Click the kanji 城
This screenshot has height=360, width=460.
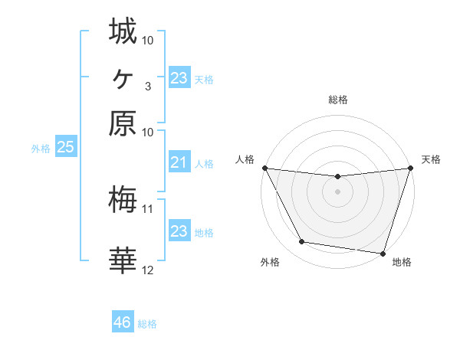(123, 31)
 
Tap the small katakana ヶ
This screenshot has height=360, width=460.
(123, 77)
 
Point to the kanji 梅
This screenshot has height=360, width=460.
(123, 200)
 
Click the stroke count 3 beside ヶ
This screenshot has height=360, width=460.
(148, 86)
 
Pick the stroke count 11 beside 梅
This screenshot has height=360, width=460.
(148, 208)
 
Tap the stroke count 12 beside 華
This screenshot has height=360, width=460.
(148, 270)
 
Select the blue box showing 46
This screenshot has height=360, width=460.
(123, 322)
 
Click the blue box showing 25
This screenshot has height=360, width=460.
(65, 148)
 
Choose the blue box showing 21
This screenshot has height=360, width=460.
(179, 162)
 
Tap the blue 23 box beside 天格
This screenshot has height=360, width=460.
(179, 78)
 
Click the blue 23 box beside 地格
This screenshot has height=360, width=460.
(179, 231)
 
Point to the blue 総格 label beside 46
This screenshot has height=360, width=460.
(147, 324)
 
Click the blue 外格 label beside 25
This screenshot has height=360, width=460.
(41, 149)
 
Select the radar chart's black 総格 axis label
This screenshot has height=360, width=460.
(337, 100)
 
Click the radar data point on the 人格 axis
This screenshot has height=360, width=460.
(264, 168)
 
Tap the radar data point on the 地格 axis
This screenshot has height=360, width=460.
(383, 253)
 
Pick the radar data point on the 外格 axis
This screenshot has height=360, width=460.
(302, 242)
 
